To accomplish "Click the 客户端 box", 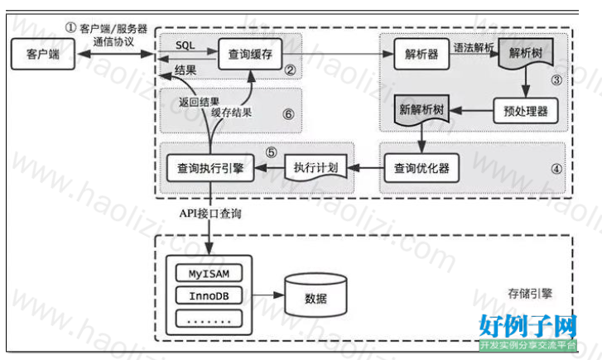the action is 42,54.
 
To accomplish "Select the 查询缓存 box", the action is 250,54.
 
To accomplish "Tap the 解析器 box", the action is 421,54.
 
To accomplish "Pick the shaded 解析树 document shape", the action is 526,53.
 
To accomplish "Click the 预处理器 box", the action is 525,111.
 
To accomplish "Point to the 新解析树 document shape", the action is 421,110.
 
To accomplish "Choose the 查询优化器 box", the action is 421,168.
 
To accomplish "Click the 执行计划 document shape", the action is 315,167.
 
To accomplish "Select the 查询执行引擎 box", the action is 210,168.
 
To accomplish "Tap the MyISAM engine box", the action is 209,273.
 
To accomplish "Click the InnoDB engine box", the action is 209,295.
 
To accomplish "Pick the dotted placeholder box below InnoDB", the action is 209,319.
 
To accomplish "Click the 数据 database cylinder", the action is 315,295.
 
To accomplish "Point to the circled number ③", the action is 556,80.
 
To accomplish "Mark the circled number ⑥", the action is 288,114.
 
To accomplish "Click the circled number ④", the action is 556,169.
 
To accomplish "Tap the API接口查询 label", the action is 210,214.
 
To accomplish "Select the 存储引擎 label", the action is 530,294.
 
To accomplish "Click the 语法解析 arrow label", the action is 474,48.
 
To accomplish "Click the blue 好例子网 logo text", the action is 528,326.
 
